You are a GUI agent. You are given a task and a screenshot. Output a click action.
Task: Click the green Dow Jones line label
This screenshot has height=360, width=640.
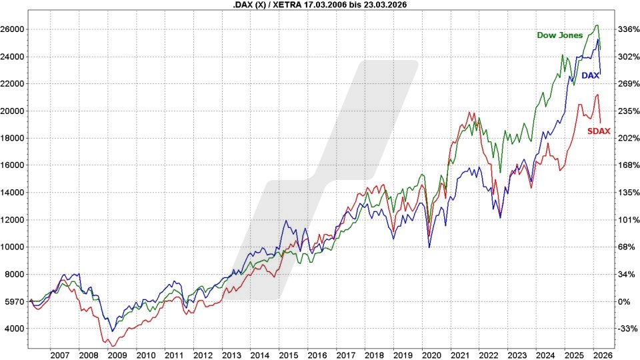click(560, 35)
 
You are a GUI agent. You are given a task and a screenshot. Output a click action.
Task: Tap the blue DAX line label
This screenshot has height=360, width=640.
click(590, 76)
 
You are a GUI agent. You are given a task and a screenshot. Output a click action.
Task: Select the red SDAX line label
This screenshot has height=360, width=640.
click(599, 131)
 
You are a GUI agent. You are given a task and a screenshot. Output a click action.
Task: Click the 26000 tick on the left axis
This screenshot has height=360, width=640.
click(13, 29)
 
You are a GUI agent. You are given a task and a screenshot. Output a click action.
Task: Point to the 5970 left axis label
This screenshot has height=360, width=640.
click(14, 301)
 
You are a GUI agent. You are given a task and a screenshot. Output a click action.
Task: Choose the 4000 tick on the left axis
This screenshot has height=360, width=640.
click(14, 329)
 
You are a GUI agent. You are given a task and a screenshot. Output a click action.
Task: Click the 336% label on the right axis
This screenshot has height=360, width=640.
click(629, 29)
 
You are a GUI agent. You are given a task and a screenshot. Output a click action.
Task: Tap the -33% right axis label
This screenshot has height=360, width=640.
click(629, 329)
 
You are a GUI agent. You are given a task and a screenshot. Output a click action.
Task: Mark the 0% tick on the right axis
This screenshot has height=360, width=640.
click(623, 301)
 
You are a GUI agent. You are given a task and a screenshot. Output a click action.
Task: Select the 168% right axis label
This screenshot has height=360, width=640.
click(629, 165)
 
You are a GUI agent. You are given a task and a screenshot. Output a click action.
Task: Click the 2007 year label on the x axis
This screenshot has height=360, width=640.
click(60, 355)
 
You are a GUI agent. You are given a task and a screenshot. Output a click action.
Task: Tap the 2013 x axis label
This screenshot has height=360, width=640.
click(231, 355)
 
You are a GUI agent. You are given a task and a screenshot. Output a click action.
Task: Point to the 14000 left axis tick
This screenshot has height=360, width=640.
click(13, 193)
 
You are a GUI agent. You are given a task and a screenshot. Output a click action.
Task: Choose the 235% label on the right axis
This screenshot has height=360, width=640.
click(629, 111)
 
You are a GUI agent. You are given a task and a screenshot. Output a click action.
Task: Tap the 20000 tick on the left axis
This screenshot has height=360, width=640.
click(13, 111)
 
